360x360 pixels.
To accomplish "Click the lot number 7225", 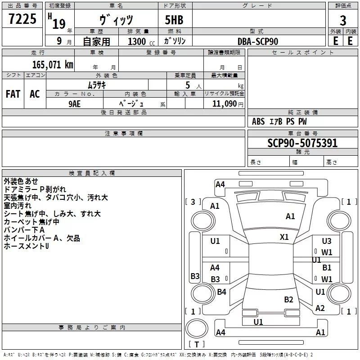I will tap(22, 19).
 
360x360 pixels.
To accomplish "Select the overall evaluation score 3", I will tap(343, 21).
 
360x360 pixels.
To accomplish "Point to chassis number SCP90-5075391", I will tap(302, 143).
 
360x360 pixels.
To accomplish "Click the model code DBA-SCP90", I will tap(258, 41).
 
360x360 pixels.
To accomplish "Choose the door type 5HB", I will tap(175, 21).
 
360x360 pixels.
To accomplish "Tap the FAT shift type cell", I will tap(13, 94).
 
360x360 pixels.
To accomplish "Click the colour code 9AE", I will tap(75, 103).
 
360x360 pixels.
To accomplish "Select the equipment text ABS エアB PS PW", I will tap(279, 121).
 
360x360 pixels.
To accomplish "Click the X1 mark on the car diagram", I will tap(284, 237).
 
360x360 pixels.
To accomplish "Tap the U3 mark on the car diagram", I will tap(327, 241).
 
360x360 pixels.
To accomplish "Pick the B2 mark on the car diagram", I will tap(289, 299).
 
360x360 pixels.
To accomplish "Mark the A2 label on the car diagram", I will tap(320, 308).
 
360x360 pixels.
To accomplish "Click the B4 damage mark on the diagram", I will tap(221, 292).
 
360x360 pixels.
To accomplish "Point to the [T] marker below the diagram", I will tap(196, 345).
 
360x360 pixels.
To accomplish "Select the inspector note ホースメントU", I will tap(26, 246).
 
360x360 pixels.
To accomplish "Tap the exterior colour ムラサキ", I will tap(96, 85).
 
